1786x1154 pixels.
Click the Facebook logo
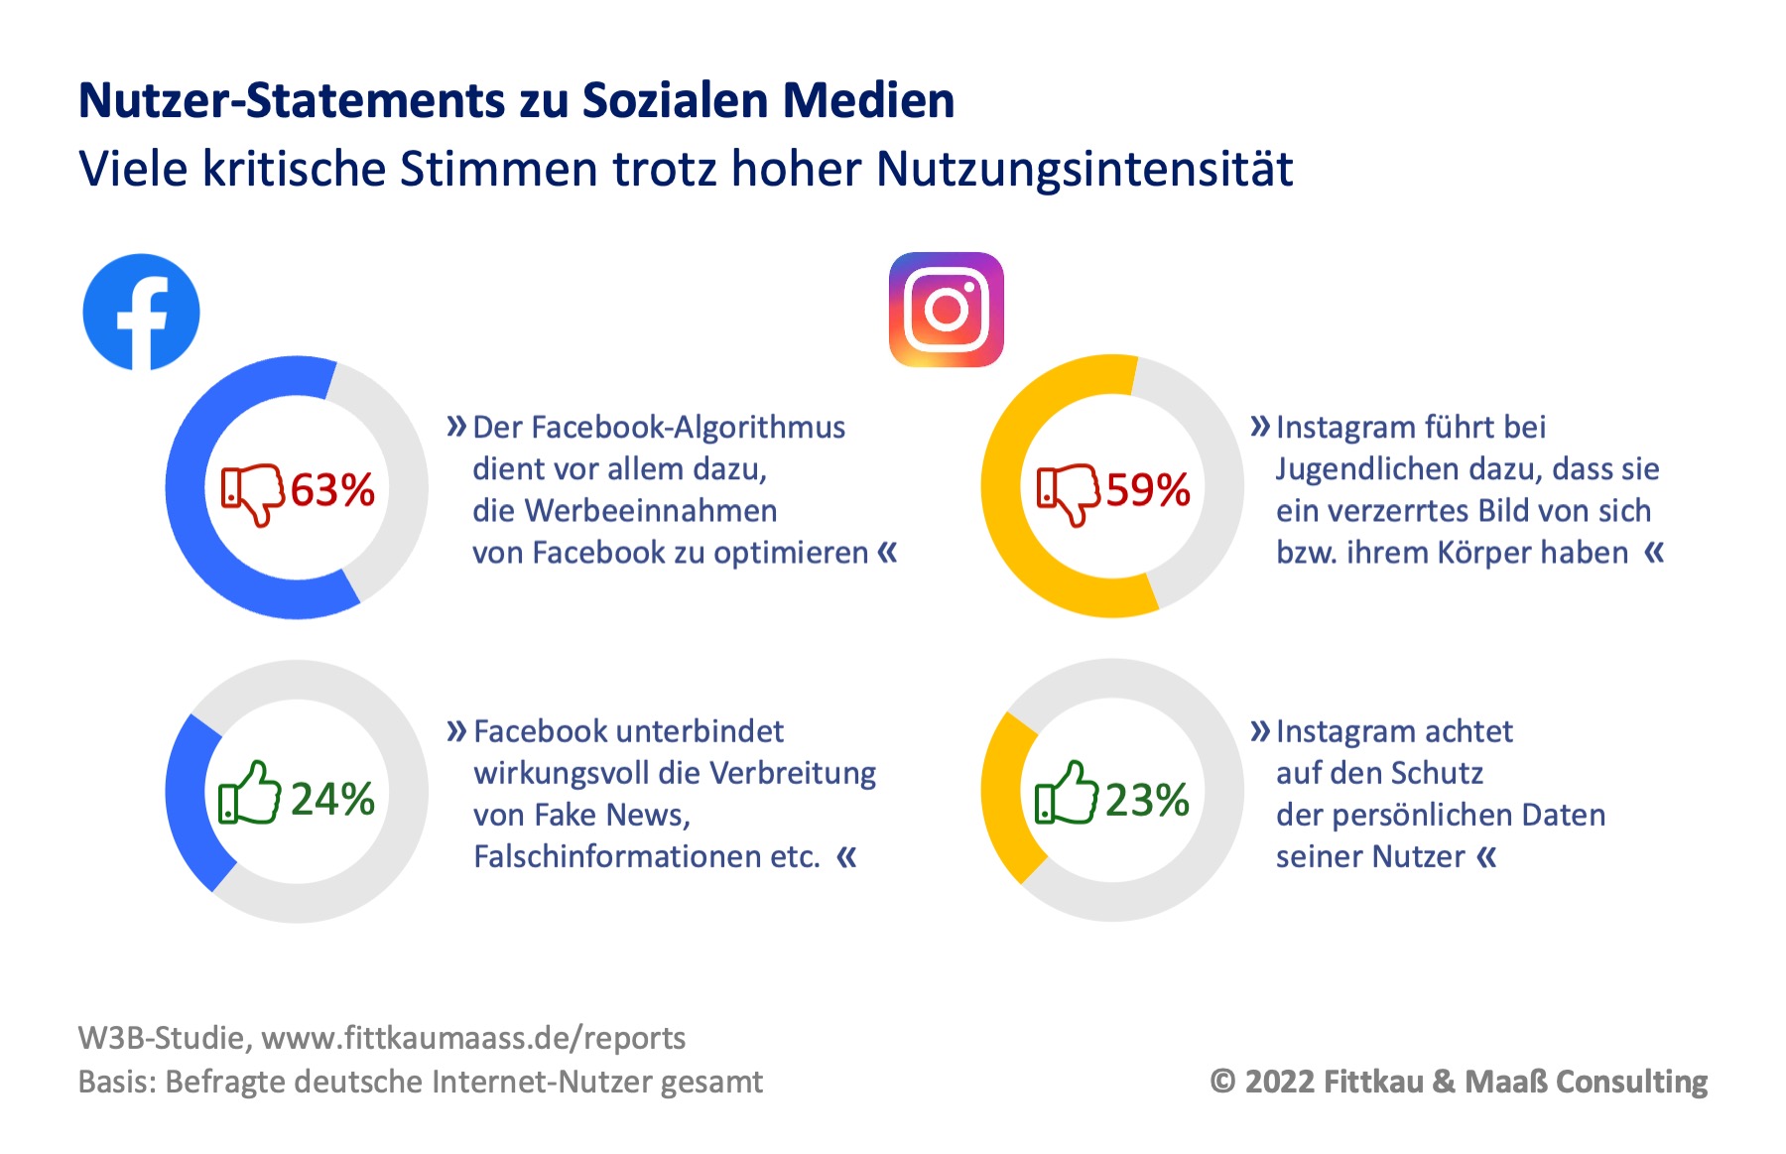pyautogui.click(x=141, y=312)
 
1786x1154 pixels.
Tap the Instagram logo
pyautogui.click(x=946, y=310)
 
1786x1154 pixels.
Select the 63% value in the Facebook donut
pyautogui.click(x=332, y=490)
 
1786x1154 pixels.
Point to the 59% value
pyautogui.click(x=1148, y=490)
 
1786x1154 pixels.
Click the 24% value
pyautogui.click(x=332, y=800)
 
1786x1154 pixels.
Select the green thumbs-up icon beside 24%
pyautogui.click(x=248, y=794)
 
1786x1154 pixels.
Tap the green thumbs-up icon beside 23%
pyautogui.click(x=1065, y=794)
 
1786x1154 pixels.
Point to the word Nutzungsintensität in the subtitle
pyautogui.click(x=1084, y=169)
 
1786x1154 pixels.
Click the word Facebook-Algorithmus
pyautogui.click(x=659, y=428)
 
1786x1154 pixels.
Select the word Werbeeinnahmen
pyautogui.click(x=651, y=511)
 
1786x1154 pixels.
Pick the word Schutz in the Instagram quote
pyautogui.click(x=1437, y=773)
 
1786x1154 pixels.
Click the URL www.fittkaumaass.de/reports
pyautogui.click(x=473, y=1038)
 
